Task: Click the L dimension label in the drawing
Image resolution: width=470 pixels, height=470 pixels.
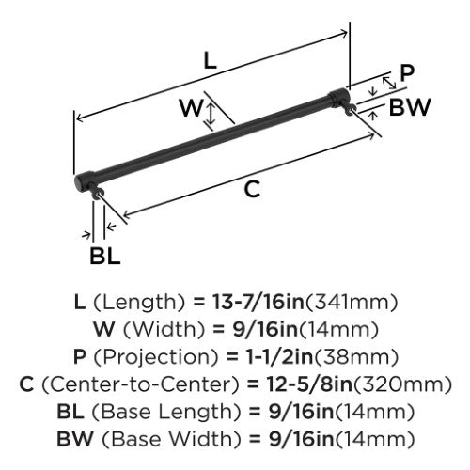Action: pos(211,60)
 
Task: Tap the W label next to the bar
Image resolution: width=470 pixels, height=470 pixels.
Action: pos(191,107)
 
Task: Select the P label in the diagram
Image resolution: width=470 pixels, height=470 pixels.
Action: pos(407,73)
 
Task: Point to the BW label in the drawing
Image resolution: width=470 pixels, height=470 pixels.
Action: pos(410,107)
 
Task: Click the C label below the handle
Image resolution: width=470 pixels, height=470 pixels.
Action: pos(253,189)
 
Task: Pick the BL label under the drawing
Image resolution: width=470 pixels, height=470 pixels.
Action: pos(105,256)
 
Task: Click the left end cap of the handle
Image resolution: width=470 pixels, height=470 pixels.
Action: pos(84,181)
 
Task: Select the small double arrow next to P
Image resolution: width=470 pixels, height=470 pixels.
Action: pos(389,83)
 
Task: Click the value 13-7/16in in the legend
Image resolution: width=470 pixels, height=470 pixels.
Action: pos(258,302)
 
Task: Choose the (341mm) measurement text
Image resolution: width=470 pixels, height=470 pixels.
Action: pos(352,303)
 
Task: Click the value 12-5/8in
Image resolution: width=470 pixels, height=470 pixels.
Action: pos(309,384)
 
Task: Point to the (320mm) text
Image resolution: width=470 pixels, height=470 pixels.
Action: pos(402,384)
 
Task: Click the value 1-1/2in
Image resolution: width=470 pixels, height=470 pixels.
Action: pos(279,357)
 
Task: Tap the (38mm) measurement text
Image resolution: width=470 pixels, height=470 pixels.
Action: pos(356,357)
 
